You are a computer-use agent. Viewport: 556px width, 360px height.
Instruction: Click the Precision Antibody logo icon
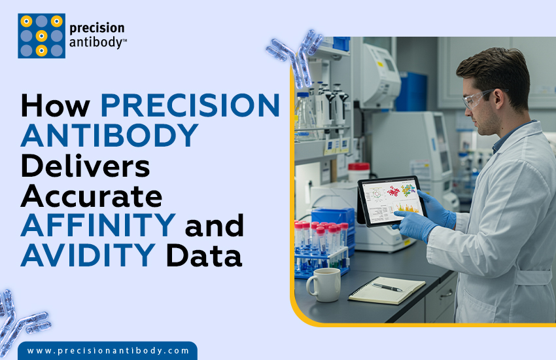[41, 35]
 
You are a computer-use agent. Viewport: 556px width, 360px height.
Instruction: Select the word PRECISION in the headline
[190, 106]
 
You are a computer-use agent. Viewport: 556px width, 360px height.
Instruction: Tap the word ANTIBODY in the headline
[109, 135]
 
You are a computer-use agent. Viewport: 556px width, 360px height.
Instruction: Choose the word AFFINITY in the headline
[97, 225]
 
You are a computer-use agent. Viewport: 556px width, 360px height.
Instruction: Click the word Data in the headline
[204, 255]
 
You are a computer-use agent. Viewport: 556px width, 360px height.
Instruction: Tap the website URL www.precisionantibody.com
[108, 351]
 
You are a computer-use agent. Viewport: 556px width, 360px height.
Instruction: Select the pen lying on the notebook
[387, 287]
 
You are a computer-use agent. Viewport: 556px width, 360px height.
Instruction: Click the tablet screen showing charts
[392, 200]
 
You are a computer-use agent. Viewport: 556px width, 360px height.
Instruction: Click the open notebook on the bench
[386, 289]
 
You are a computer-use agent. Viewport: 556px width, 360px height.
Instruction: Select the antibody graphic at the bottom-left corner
[20, 321]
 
